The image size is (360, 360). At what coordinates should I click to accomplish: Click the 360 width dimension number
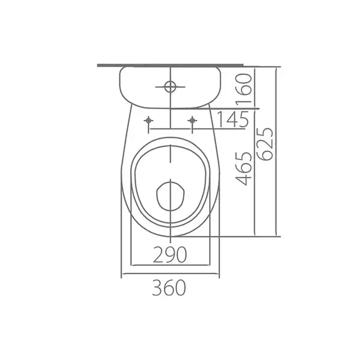pos(169,287)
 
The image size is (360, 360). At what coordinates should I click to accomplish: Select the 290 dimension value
pos(170,254)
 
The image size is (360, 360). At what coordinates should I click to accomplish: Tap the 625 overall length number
pos(265,144)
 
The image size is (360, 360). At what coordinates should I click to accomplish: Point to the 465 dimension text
pos(244,168)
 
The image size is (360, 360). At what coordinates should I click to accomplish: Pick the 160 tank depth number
pos(244,89)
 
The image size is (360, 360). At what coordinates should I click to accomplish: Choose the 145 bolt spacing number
pos(233,119)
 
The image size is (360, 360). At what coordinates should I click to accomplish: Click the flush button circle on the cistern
pos(170,87)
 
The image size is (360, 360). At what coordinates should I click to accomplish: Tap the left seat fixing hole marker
pos(149,121)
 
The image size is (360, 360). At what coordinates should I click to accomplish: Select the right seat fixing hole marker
pos(192,121)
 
